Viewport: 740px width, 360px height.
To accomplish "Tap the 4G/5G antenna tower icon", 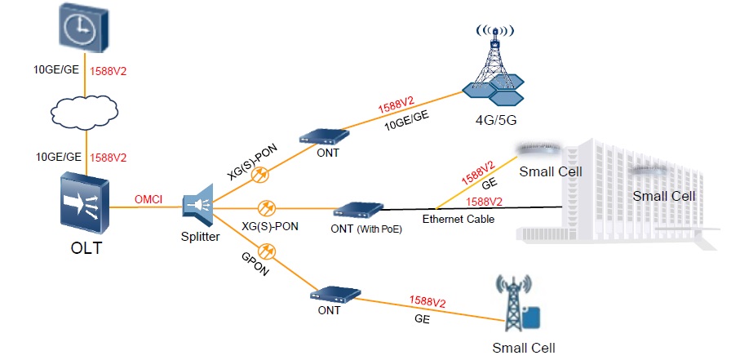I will pos(493,69).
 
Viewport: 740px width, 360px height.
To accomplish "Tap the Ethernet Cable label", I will pos(458,220).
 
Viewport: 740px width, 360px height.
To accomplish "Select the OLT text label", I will pos(86,248).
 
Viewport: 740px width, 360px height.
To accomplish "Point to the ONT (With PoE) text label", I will pos(366,228).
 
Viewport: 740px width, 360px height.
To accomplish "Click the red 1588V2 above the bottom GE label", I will pos(428,302).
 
